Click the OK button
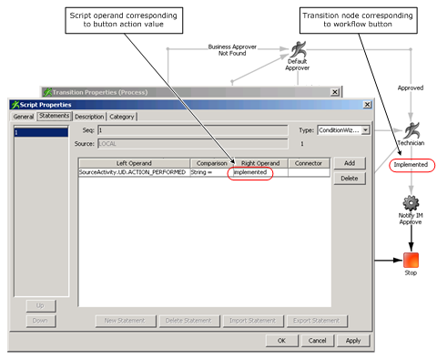click(281, 340)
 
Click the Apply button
click(352, 340)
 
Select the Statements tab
click(54, 117)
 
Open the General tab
click(23, 117)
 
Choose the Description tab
click(88, 117)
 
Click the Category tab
click(122, 117)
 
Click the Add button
click(348, 163)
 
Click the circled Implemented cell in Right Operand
click(249, 171)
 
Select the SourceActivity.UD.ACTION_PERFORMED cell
click(132, 171)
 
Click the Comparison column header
click(211, 162)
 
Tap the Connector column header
click(309, 162)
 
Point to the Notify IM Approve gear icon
click(411, 202)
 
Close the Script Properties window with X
click(366, 105)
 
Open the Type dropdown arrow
click(365, 131)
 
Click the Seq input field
click(191, 131)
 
